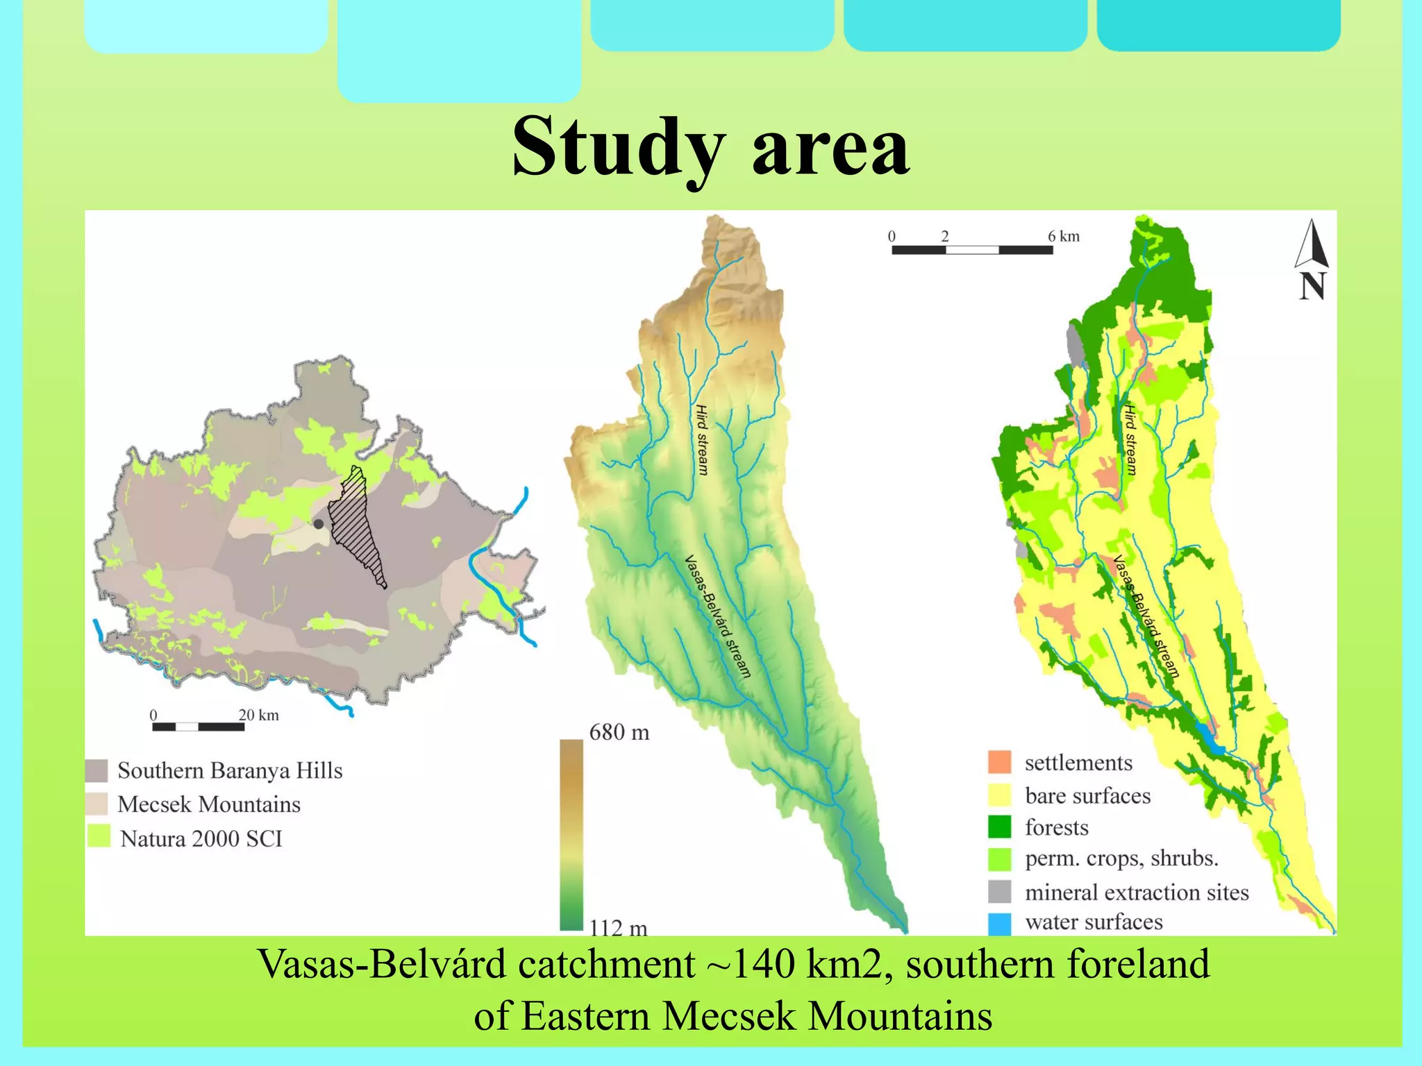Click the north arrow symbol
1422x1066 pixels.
tap(1312, 244)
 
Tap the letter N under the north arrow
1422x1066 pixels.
tap(1312, 287)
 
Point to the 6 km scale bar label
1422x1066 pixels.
tap(1064, 236)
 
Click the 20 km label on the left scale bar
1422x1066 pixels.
tap(258, 715)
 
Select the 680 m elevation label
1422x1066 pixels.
tap(619, 732)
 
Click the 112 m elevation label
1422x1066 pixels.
tap(618, 927)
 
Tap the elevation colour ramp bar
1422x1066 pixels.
tap(571, 833)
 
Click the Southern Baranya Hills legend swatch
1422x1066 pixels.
tap(97, 770)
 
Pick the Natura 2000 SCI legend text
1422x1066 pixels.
tap(201, 838)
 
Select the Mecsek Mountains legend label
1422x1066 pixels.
tap(209, 804)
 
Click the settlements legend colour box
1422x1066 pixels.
tap(999, 762)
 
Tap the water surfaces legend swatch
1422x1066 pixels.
tap(999, 923)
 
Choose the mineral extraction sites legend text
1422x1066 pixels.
tap(1137, 892)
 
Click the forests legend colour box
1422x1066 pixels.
tap(999, 827)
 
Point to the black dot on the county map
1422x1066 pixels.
tap(318, 524)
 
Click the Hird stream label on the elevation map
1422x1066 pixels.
tap(702, 440)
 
